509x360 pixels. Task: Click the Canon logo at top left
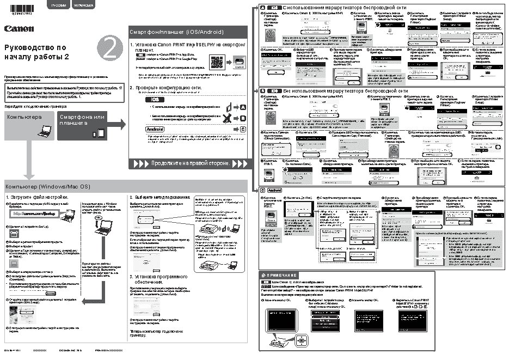coord(19,28)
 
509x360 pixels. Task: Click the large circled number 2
coord(111,50)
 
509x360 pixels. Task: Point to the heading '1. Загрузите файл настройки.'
coord(36,197)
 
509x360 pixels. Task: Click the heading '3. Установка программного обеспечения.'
coord(158,279)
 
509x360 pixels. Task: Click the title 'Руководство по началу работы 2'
coord(37,52)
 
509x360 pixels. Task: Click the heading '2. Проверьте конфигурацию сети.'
coord(165,87)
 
